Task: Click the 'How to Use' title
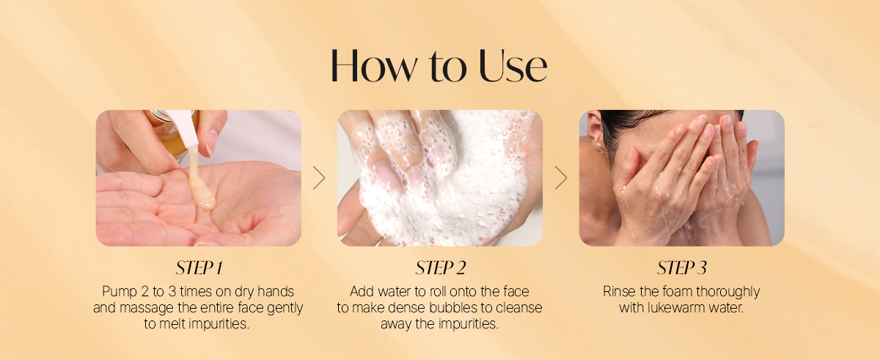pos(439,66)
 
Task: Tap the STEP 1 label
pos(199,268)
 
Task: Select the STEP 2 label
pos(441,268)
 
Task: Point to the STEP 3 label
pos(681,268)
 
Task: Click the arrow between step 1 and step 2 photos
pos(320,178)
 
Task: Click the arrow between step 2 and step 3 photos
pos(561,178)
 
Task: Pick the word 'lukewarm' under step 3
pos(673,308)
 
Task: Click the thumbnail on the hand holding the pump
pos(211,142)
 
